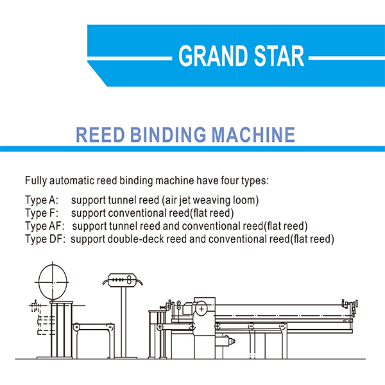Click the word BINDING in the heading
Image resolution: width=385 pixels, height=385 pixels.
[x=167, y=135]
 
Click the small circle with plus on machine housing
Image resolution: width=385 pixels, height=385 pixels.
[x=201, y=309]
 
